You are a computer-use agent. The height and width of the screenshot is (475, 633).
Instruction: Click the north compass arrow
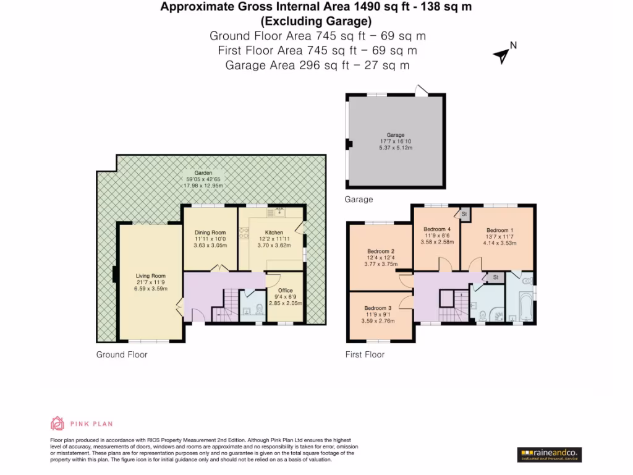click(x=502, y=56)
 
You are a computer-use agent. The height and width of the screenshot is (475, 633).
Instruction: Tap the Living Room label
click(x=151, y=276)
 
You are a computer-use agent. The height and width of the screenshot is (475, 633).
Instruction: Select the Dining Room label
click(x=211, y=233)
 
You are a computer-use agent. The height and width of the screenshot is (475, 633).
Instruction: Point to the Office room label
click(x=285, y=290)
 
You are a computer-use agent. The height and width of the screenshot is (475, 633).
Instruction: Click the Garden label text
click(x=203, y=173)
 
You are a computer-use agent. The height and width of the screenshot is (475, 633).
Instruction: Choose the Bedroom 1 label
click(x=499, y=230)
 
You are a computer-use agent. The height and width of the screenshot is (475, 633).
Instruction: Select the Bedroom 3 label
click(x=378, y=308)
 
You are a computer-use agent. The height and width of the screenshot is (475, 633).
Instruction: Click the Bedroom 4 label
click(x=437, y=229)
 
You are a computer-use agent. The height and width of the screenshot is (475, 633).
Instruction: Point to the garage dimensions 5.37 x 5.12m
click(x=396, y=148)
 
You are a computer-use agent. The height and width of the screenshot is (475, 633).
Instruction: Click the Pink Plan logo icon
click(x=57, y=424)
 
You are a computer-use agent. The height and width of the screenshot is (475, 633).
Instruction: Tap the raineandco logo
click(x=549, y=455)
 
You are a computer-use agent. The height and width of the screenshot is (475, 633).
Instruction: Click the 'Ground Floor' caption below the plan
click(x=122, y=354)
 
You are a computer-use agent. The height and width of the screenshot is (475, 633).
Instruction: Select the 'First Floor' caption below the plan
click(x=365, y=354)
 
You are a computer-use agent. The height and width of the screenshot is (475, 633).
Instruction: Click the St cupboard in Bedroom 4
click(x=464, y=213)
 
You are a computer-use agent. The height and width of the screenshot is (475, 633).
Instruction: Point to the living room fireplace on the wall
click(x=115, y=273)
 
